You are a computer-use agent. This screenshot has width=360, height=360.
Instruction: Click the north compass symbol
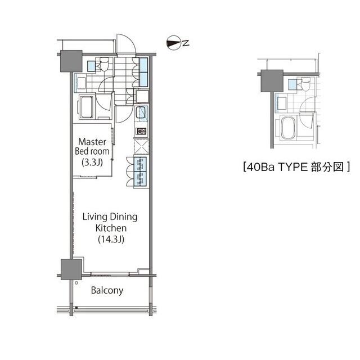(x=173, y=43)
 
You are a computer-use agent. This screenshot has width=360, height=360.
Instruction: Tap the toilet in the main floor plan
(x=104, y=64)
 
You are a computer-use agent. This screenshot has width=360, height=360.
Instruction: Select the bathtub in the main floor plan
(x=86, y=107)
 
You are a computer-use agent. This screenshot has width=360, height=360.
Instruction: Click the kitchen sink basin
(x=141, y=112)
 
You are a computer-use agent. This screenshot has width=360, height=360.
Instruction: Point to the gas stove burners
(x=141, y=131)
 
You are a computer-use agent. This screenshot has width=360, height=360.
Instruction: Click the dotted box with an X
(x=141, y=147)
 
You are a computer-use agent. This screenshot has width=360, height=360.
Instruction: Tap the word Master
(x=92, y=142)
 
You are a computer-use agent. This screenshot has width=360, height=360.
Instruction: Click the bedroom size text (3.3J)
(x=92, y=163)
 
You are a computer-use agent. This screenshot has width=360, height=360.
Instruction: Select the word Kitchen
(x=111, y=228)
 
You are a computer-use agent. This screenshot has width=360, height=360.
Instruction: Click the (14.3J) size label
(x=111, y=240)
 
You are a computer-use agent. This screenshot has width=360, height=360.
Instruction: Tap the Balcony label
(x=107, y=290)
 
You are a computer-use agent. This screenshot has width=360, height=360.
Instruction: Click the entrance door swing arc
(x=130, y=42)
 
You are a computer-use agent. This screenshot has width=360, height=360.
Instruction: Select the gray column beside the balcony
(x=71, y=269)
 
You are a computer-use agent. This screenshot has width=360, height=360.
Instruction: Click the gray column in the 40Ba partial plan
(x=272, y=81)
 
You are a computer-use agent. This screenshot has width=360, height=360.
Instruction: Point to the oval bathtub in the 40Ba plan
(x=289, y=128)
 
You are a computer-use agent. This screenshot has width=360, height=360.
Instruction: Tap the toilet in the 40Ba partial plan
(x=306, y=84)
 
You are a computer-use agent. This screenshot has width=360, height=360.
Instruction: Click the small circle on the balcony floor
(x=76, y=283)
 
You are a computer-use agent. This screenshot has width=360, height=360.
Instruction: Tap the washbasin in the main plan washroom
(x=81, y=83)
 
